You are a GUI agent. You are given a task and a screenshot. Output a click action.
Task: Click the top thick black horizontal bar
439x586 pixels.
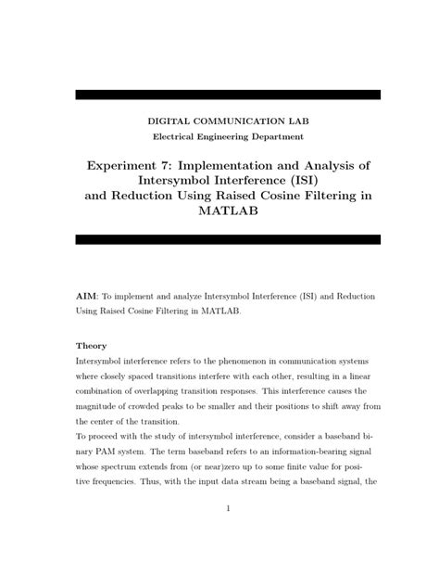(227, 95)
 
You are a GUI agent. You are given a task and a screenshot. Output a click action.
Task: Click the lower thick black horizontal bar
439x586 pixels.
(227, 239)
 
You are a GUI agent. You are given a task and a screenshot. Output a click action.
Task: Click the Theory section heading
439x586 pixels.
(91, 346)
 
